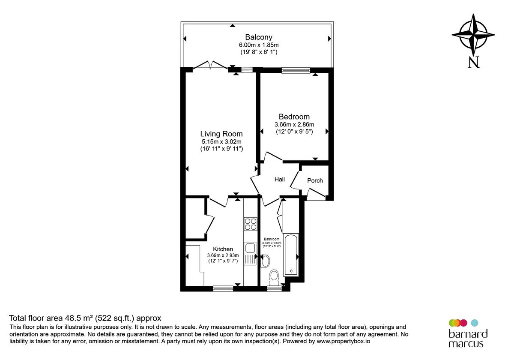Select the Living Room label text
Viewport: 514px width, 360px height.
click(221, 134)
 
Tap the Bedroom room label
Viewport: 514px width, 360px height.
click(294, 117)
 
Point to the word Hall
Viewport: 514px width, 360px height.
click(279, 180)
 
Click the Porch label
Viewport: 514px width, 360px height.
click(315, 180)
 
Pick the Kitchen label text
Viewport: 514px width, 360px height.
click(223, 249)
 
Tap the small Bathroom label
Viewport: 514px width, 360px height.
click(272, 239)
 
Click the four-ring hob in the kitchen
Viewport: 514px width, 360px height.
click(251, 224)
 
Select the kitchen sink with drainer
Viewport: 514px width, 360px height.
click(250, 253)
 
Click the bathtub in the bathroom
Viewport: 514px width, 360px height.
click(291, 255)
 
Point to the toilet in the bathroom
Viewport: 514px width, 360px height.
click(274, 277)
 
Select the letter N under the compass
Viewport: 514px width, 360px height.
click(473, 63)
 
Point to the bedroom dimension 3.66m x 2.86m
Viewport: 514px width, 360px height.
click(294, 125)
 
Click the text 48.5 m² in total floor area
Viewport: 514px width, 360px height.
click(80, 318)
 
